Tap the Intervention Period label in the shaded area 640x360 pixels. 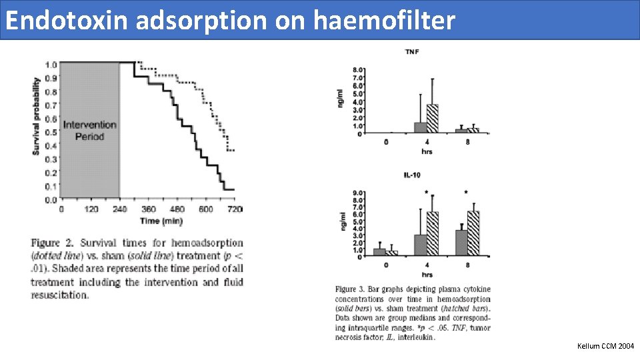click(89, 130)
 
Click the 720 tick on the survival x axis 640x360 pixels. click(235, 209)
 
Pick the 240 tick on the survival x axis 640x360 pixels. click(121, 209)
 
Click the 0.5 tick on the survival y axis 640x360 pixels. click(51, 132)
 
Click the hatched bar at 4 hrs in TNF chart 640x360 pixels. click(433, 119)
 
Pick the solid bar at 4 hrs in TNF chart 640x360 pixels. click(421, 127)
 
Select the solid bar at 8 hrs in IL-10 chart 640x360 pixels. click(461, 242)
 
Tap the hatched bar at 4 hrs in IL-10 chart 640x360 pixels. click(433, 233)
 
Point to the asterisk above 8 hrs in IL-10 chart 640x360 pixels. click(466, 193)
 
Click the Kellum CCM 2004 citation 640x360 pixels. click(607, 346)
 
